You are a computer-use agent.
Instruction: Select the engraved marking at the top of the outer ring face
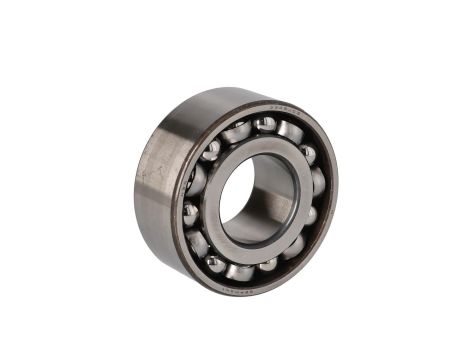pyautogui.click(x=283, y=113)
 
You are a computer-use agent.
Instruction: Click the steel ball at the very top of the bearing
pyautogui.click(x=265, y=125)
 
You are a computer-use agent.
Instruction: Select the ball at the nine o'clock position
pyautogui.click(x=190, y=210)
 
